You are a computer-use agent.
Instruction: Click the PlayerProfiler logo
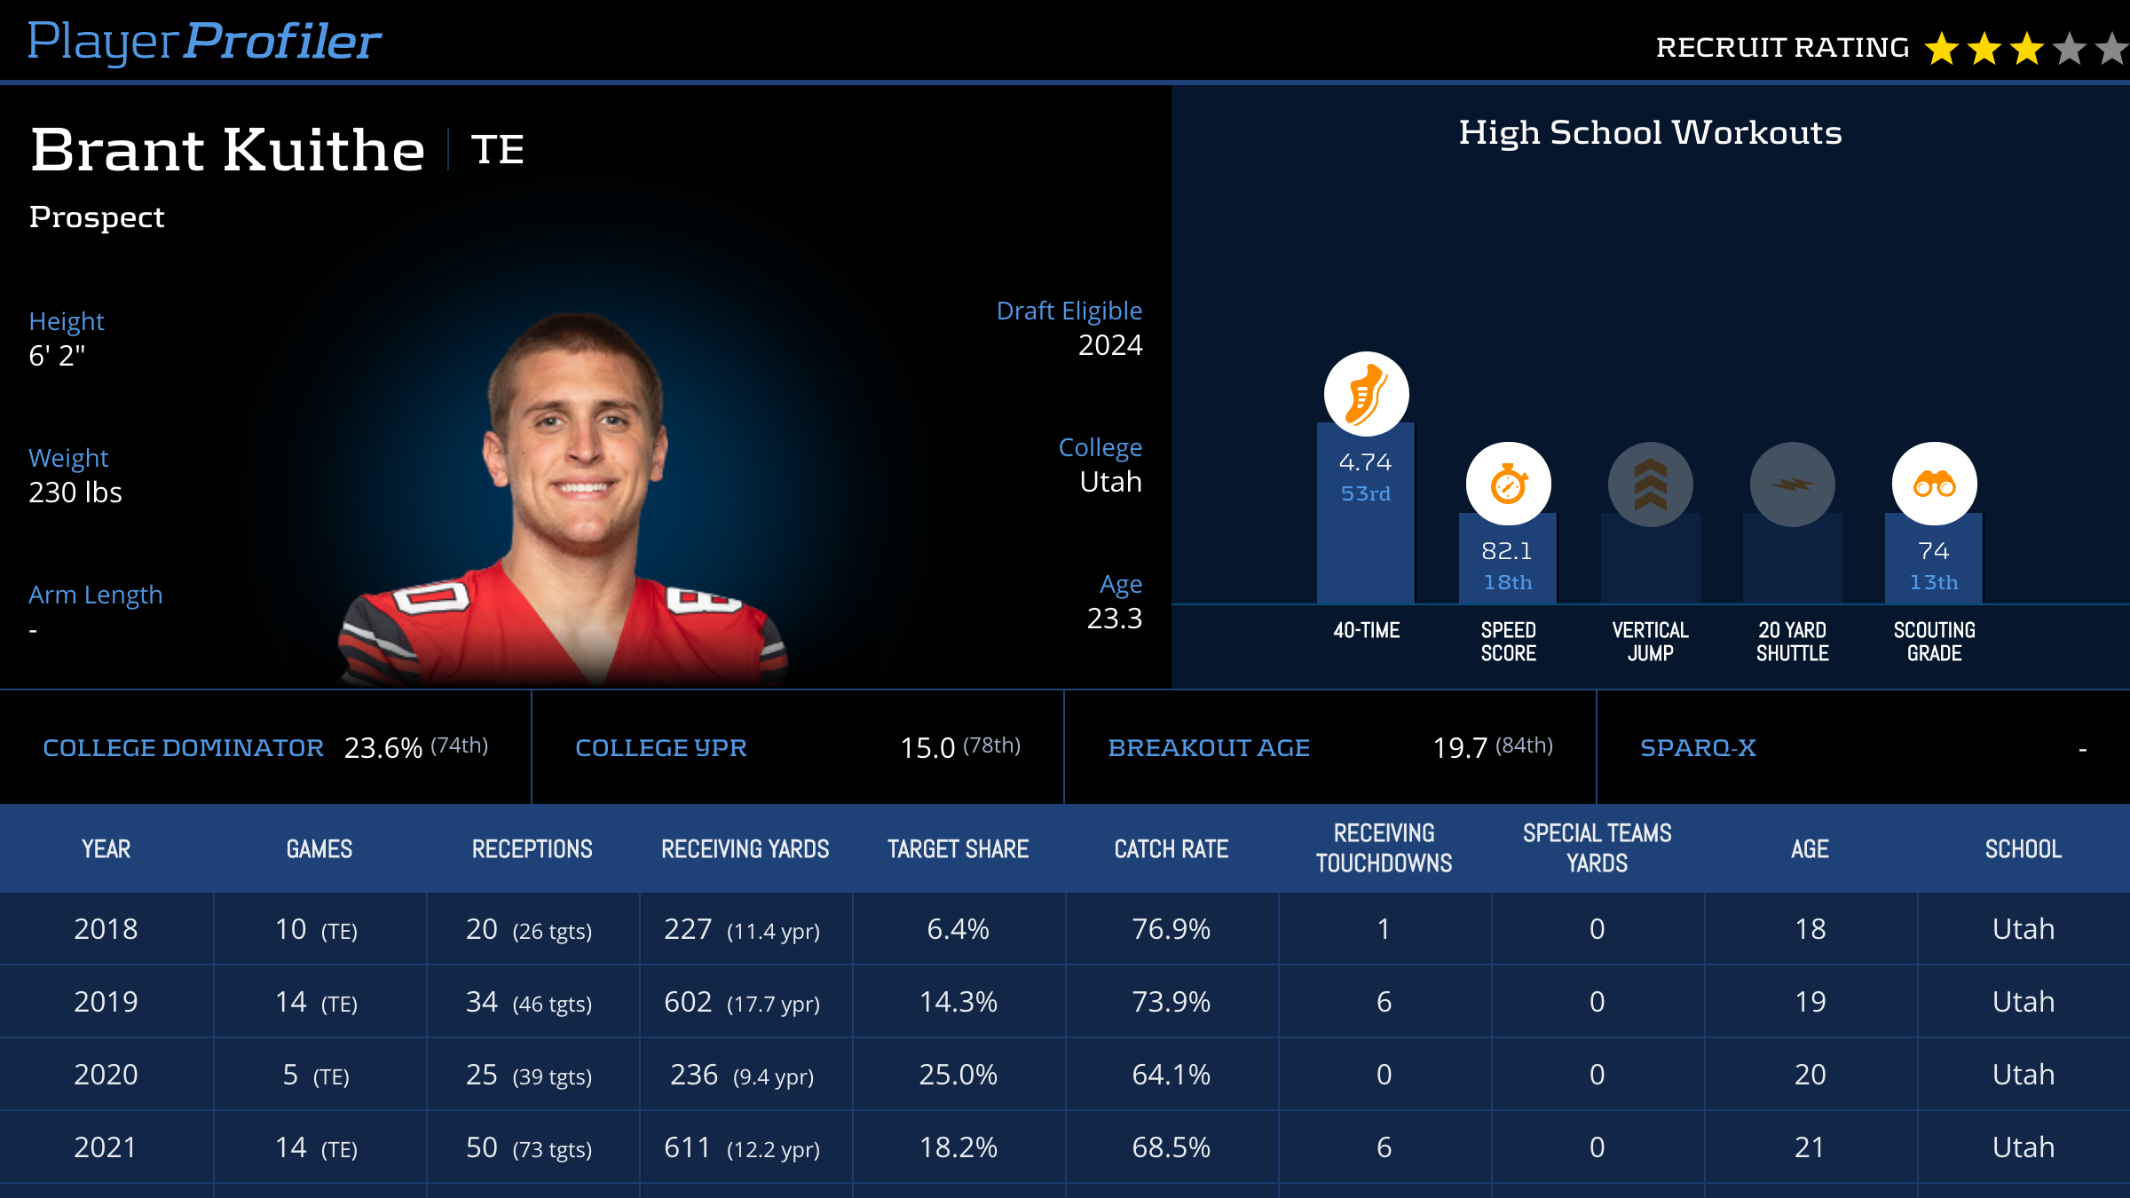[x=204, y=42]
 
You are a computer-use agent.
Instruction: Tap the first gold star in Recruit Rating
[x=1941, y=49]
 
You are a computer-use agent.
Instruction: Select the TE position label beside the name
[x=497, y=149]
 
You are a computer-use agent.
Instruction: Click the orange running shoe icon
[x=1366, y=394]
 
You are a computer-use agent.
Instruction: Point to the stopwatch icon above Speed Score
[x=1508, y=485]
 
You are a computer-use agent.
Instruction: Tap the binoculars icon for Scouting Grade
[x=1934, y=485]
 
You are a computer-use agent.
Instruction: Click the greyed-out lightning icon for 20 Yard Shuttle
[x=1792, y=485]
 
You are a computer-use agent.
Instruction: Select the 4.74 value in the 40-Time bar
[x=1365, y=462]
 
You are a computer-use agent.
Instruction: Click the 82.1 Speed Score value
[x=1507, y=551]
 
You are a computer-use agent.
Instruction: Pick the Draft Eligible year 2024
[x=1109, y=345]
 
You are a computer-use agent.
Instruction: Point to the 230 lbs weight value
[x=75, y=493]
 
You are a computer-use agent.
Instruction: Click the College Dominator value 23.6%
[x=383, y=748]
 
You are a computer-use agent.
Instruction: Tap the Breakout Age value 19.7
[x=1460, y=748]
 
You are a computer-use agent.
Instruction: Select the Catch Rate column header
[x=1171, y=849]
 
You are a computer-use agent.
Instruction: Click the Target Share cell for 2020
[x=958, y=1075]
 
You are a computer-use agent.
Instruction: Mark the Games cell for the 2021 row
[x=316, y=1147]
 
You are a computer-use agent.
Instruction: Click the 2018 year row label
[x=106, y=929]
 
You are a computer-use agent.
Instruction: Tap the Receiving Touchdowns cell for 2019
[x=1384, y=1002]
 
